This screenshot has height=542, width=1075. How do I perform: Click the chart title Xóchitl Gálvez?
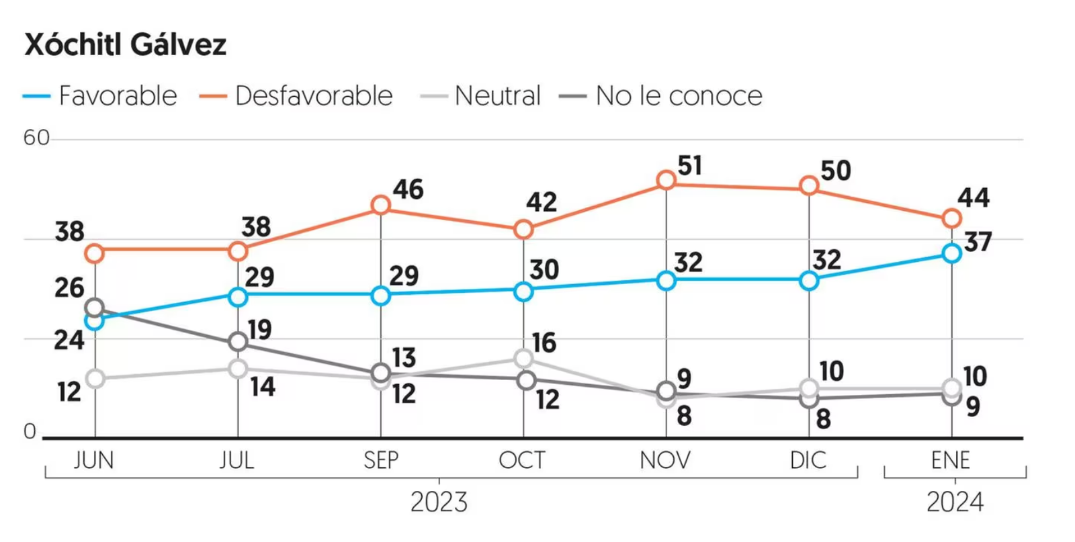tap(126, 45)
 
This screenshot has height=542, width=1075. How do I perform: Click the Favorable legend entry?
tap(101, 96)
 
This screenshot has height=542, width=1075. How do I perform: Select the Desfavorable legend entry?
tap(297, 96)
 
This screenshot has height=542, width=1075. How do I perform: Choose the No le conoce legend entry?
tap(662, 96)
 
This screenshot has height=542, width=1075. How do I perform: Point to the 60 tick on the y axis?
tap(36, 138)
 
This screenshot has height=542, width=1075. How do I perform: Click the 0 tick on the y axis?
tap(30, 431)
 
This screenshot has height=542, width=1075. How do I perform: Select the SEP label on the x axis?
tap(381, 460)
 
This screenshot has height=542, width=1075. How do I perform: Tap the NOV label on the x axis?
tap(665, 460)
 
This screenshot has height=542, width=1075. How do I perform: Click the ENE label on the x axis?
tap(951, 460)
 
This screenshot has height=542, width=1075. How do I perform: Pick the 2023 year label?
tap(439, 502)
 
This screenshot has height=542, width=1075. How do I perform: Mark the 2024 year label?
tap(955, 502)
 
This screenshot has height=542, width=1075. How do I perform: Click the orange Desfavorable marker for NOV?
tap(666, 180)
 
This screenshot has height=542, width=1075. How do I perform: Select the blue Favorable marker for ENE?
tap(951, 253)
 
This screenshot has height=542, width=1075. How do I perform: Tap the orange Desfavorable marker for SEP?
tap(381, 205)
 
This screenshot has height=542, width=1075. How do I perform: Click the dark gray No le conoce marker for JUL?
tap(238, 342)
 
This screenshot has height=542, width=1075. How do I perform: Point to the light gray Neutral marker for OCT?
tap(523, 358)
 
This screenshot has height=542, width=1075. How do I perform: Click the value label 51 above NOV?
tap(690, 166)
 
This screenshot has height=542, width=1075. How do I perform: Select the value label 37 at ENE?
tap(978, 242)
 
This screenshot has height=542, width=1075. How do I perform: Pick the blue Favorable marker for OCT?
tap(523, 291)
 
